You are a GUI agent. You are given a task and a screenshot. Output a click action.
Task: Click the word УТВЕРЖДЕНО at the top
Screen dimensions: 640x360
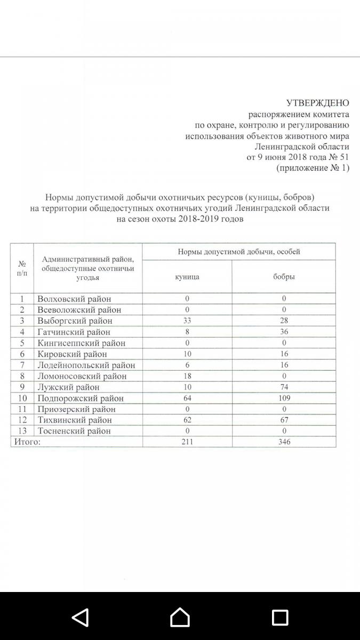tap(317, 103)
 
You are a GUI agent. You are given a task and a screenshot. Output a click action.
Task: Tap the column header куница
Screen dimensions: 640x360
tap(187, 277)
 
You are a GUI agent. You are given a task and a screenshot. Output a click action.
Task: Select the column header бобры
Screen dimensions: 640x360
tap(284, 277)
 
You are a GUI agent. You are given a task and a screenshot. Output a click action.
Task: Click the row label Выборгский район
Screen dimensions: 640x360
tap(75, 321)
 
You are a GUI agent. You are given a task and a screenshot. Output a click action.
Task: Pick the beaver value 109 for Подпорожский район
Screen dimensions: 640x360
tap(284, 398)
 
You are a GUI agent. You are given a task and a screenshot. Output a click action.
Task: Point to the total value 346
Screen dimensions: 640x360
tap(284, 442)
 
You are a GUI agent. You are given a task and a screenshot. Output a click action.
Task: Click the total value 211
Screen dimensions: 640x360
tap(187, 442)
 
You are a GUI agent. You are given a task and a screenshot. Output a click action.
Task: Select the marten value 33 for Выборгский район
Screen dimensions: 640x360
tap(187, 321)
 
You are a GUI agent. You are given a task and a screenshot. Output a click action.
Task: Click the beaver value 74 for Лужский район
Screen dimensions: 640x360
tap(284, 387)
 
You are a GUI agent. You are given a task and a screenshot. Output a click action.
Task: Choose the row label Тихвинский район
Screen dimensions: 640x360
tap(75, 420)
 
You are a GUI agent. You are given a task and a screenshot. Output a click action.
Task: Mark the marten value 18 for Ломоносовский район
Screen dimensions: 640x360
tap(187, 376)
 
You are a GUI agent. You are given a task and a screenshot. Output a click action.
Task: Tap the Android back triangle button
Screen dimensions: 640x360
tap(80, 617)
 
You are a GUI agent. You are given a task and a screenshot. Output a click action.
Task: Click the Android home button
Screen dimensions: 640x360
tap(180, 617)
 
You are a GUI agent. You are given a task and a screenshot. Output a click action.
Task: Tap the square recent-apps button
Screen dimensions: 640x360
tap(280, 617)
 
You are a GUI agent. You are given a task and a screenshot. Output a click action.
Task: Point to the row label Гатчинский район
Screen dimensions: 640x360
tap(74, 332)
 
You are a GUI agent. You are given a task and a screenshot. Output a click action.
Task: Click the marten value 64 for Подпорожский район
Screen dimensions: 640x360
tap(187, 398)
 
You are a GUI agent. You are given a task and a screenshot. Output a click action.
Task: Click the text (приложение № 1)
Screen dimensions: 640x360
tap(313, 168)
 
